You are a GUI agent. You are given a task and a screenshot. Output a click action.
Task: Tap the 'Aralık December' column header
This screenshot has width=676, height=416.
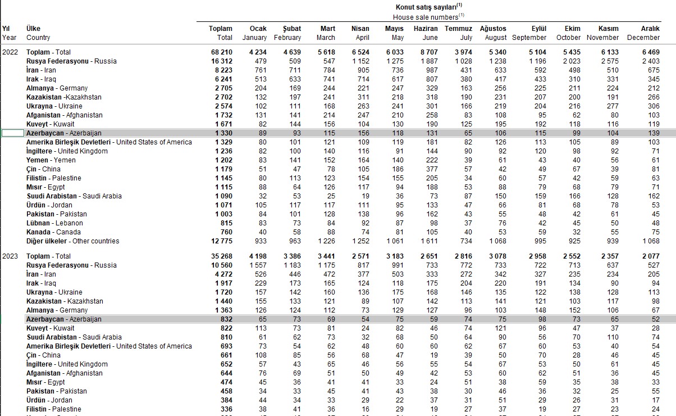[x=643, y=33]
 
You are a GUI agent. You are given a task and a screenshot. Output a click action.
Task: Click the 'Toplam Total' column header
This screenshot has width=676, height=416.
[x=221, y=33]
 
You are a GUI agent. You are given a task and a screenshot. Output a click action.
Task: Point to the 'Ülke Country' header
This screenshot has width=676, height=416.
[x=38, y=33]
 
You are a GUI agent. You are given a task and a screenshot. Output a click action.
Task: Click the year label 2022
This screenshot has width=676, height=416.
[x=10, y=52]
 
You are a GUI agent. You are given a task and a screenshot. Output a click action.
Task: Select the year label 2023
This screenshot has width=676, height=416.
[x=10, y=256]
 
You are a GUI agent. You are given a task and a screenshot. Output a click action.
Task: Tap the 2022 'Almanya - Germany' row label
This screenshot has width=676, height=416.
[x=57, y=88]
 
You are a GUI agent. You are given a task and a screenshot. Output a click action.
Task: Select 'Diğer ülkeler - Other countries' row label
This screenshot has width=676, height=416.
[x=72, y=241]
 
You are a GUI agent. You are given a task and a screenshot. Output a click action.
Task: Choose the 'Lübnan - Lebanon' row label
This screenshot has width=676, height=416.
[x=54, y=223]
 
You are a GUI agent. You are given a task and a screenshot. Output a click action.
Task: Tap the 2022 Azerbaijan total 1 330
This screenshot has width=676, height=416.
[x=223, y=133]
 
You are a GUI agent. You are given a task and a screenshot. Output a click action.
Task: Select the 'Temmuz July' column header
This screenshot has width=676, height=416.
[x=459, y=33]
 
